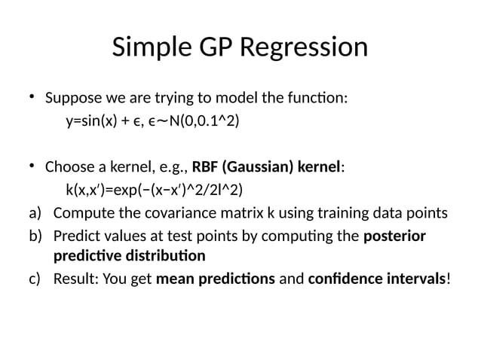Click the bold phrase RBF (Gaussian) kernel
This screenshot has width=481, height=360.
click(267, 166)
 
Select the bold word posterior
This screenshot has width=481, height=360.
click(394, 236)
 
